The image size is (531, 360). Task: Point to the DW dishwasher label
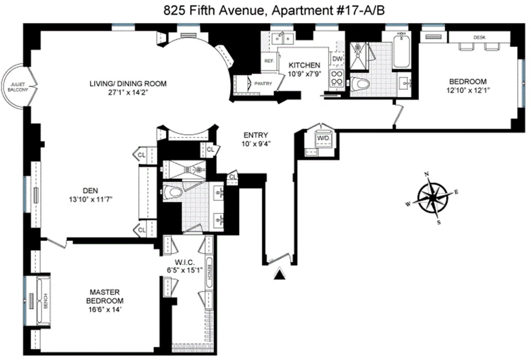click(337, 59)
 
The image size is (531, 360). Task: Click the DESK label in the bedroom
click(479, 38)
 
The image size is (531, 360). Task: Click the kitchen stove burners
click(337, 78)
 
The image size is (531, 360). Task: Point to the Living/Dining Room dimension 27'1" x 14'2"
click(128, 92)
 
